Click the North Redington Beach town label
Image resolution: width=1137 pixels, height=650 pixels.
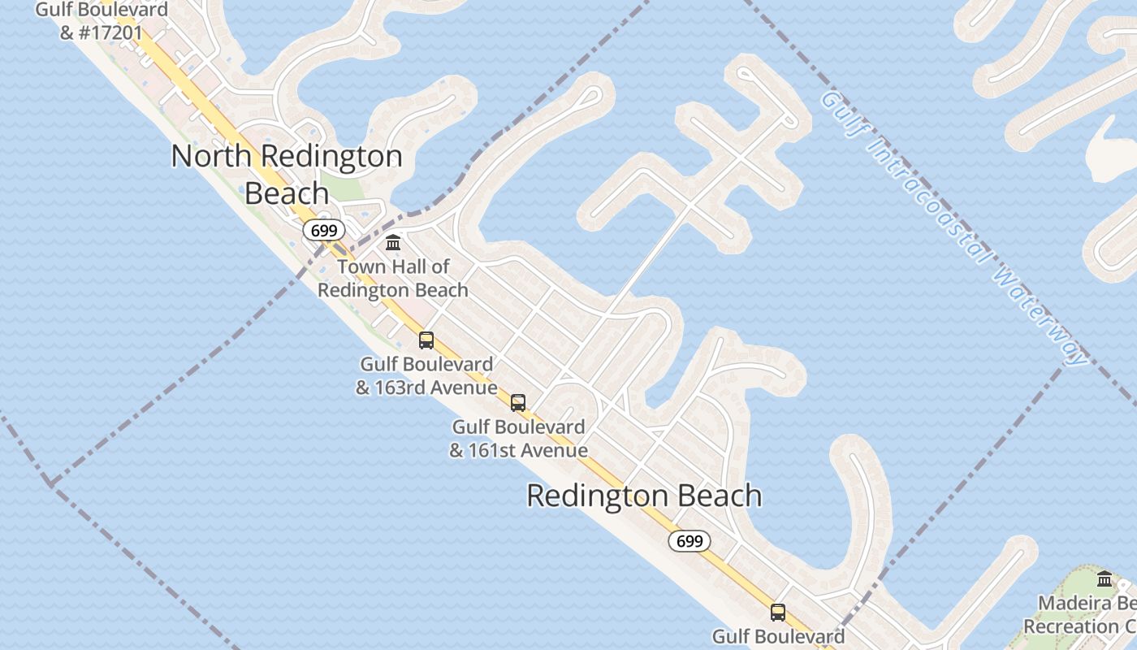tap(287, 174)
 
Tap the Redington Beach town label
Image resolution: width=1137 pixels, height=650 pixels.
tap(644, 496)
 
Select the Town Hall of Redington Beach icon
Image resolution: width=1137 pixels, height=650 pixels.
tap(394, 242)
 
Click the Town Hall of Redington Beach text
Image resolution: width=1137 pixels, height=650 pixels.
tap(393, 278)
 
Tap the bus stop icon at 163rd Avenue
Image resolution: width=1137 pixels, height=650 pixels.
tap(426, 340)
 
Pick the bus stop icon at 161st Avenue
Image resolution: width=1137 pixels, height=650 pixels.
tap(518, 402)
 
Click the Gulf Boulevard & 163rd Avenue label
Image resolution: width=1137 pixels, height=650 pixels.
tap(426, 376)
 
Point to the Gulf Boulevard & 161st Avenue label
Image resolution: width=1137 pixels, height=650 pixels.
tap(518, 438)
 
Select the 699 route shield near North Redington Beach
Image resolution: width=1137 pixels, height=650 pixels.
tap(324, 231)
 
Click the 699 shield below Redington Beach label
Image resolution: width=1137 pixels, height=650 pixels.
tap(690, 541)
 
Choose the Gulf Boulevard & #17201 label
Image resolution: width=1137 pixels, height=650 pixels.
tap(102, 22)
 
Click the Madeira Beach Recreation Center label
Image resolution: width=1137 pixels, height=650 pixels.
tap(1080, 615)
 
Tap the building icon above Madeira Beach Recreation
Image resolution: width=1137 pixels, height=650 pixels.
tap(1105, 579)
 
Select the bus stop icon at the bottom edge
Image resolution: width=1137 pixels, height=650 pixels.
tap(778, 613)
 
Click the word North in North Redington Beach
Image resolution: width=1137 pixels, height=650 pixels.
tap(213, 156)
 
